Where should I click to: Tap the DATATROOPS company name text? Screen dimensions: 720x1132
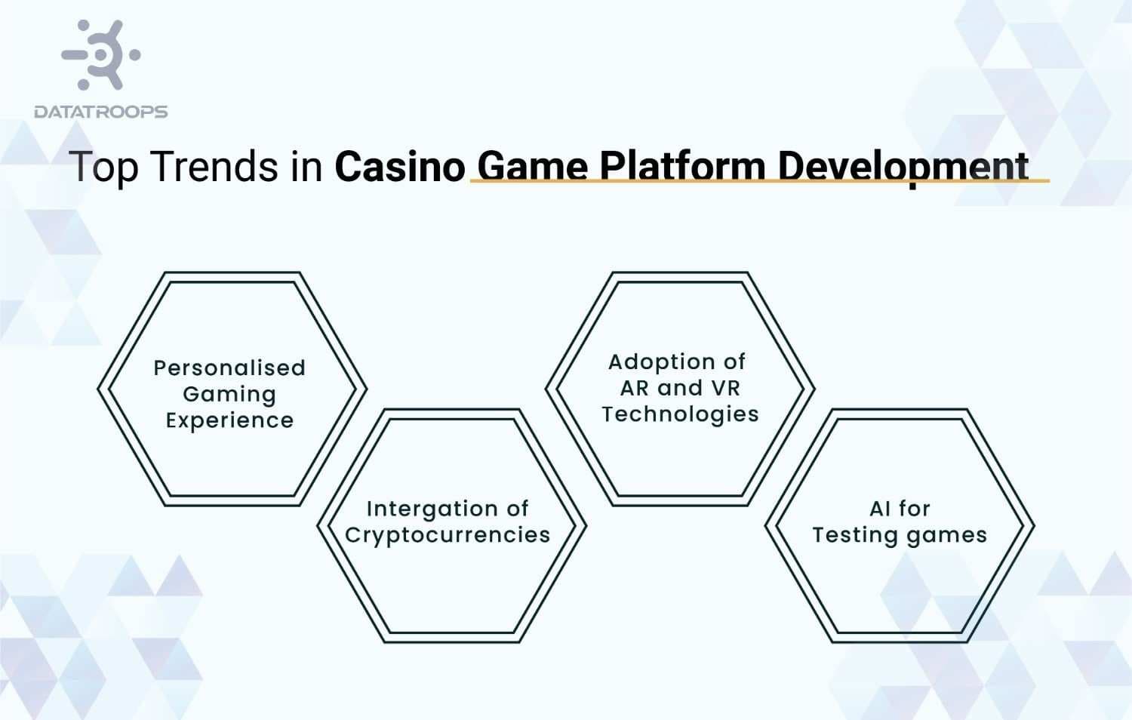pyautogui.click(x=101, y=112)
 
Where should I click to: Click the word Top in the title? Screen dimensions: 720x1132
pyautogui.click(x=103, y=167)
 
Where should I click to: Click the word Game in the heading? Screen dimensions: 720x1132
pyautogui.click(x=533, y=166)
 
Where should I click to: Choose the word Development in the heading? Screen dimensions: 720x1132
pyautogui.click(x=903, y=166)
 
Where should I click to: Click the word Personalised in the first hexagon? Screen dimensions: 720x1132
pyautogui.click(x=229, y=368)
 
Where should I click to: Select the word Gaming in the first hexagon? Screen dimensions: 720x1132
pyautogui.click(x=229, y=395)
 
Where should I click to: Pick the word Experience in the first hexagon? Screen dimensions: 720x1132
pyautogui.click(x=229, y=420)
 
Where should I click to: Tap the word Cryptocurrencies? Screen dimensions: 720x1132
pyautogui.click(x=448, y=535)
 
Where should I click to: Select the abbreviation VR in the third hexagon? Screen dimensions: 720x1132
pyautogui.click(x=725, y=388)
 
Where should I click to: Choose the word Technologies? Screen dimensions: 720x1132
pyautogui.click(x=680, y=414)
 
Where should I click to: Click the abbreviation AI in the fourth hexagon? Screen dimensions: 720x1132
pyautogui.click(x=880, y=509)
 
